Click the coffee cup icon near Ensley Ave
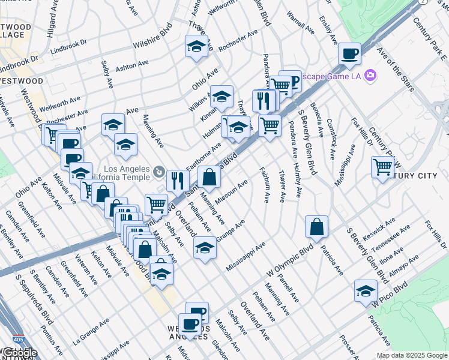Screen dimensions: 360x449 click(x=349, y=54)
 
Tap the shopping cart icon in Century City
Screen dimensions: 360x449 click(x=382, y=166)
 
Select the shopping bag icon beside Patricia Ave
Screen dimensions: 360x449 click(x=316, y=227)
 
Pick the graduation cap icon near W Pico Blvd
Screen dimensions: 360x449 click(x=366, y=290)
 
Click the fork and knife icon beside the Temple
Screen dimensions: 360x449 click(x=178, y=179)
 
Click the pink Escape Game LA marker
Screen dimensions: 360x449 click(x=371, y=75)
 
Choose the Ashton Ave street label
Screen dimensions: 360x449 click(x=132, y=65)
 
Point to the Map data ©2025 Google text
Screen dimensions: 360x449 click(x=412, y=355)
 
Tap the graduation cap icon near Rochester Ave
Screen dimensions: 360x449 click(x=196, y=46)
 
